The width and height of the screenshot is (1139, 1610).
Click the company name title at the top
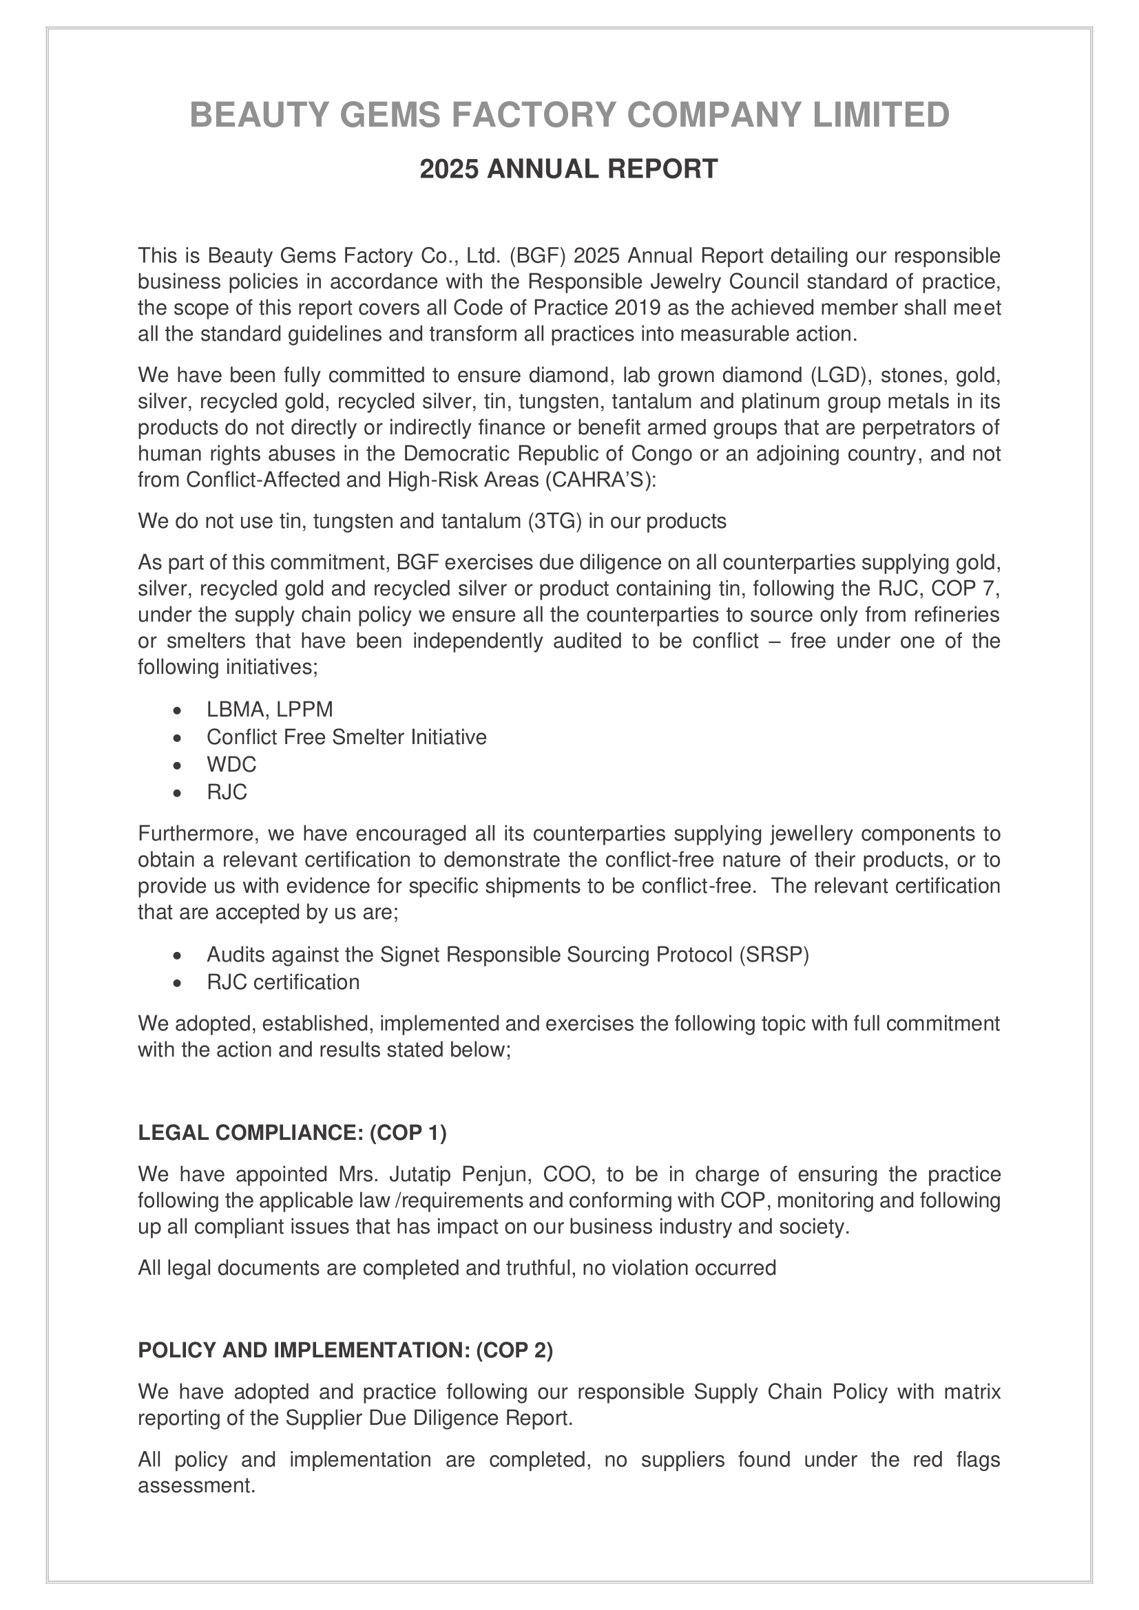(569, 115)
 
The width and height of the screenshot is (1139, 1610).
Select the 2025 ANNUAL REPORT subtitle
(569, 169)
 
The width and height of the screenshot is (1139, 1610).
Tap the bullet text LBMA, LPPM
(269, 710)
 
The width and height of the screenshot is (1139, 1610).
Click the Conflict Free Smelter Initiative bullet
(346, 737)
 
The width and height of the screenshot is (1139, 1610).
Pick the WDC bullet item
(231, 764)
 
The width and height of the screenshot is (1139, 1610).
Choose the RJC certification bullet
(282, 982)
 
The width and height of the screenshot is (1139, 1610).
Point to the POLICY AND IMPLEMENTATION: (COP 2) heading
(346, 1350)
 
